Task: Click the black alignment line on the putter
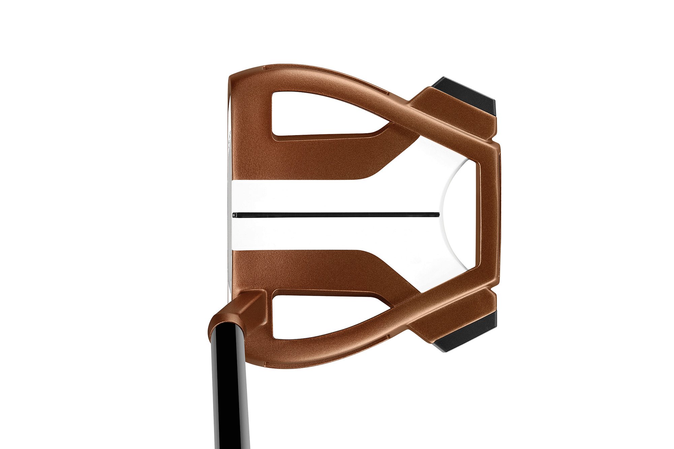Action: point(337,214)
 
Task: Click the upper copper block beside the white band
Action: point(303,158)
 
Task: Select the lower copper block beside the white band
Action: point(303,269)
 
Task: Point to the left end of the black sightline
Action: point(235,214)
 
